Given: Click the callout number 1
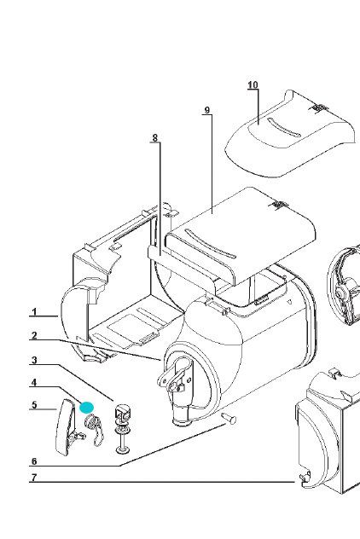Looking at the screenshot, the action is point(34,312).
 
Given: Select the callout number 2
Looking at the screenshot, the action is point(33,335).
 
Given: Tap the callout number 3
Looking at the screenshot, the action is point(33,360).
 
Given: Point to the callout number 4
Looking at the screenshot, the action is point(33,383).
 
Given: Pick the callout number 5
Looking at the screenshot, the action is point(33,405).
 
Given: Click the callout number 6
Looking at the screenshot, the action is point(33,461).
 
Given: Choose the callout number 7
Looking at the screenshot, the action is point(33,478).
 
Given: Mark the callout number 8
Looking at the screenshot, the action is point(155,138).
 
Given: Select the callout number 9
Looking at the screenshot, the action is point(206,110).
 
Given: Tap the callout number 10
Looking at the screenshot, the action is point(253,85).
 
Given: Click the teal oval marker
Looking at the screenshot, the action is point(86,408).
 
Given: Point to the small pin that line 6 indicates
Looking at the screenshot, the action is point(229,419).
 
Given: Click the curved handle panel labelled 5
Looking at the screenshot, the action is point(65,427).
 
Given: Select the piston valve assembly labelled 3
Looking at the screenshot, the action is point(123,429).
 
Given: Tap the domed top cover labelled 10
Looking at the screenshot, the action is point(291,134).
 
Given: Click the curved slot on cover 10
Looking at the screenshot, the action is point(284,128).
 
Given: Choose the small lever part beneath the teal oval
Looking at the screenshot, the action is point(94,431).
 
